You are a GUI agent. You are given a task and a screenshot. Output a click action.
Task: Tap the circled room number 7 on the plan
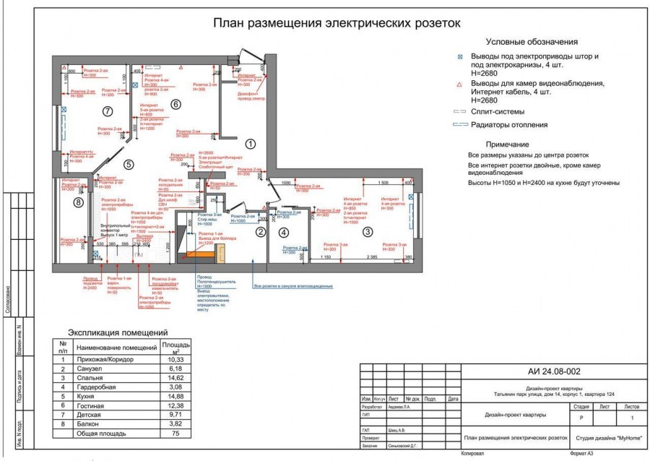pyautogui.click(x=108, y=111)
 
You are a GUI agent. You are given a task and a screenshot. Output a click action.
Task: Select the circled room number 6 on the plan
pyautogui.click(x=175, y=104)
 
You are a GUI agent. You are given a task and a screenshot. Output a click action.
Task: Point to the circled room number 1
pyautogui.click(x=250, y=144)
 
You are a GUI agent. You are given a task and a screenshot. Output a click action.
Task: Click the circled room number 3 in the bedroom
pyautogui.click(x=368, y=232)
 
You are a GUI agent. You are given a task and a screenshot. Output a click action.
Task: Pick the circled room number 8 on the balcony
pyautogui.click(x=79, y=203)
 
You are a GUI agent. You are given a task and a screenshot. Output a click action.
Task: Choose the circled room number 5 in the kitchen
pyautogui.click(x=129, y=165)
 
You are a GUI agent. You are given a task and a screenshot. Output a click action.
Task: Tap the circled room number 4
pyautogui.click(x=284, y=232)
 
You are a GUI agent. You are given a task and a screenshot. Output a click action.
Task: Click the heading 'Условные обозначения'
pyautogui.click(x=531, y=42)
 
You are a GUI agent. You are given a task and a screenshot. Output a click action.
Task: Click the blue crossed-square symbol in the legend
pyautogui.click(x=460, y=56)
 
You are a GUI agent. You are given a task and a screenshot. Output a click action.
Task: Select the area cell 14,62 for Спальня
pyautogui.click(x=175, y=377)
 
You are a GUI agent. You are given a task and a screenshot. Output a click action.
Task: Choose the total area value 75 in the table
pyautogui.click(x=175, y=434)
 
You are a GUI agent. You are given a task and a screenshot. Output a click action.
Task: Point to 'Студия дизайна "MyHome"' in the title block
pyautogui.click(x=610, y=438)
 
